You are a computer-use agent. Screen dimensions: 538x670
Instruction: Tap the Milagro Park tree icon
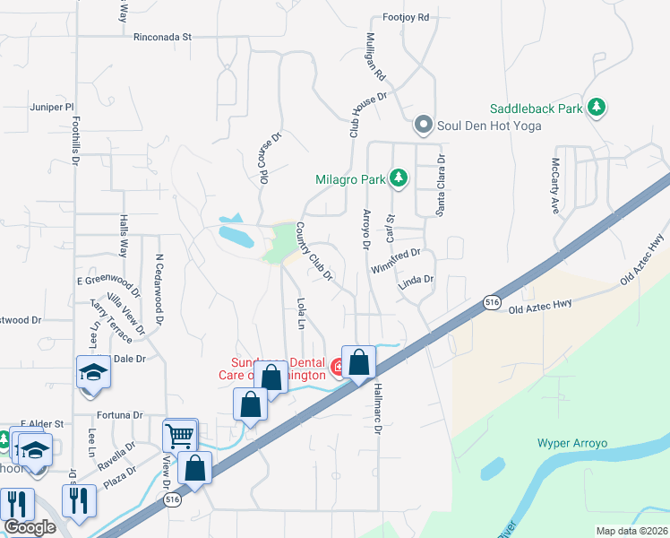click(x=399, y=179)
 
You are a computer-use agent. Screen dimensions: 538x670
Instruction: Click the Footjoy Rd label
click(x=406, y=17)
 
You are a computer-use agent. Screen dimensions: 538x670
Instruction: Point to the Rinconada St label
click(x=163, y=38)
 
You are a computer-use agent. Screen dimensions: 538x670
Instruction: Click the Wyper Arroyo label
click(x=572, y=443)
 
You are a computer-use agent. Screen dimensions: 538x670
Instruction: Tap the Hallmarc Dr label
click(x=378, y=409)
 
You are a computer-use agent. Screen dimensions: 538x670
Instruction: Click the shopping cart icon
click(x=180, y=437)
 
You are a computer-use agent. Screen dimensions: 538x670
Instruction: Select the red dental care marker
click(x=339, y=366)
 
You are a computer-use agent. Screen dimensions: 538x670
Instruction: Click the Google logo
click(x=30, y=528)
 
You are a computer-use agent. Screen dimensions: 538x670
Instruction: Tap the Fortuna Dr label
click(x=120, y=415)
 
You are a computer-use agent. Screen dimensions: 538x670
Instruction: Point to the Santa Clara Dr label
click(x=441, y=185)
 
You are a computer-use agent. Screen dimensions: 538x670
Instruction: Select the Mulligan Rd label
click(x=374, y=56)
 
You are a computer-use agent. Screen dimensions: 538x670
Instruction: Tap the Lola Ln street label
click(x=302, y=313)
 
